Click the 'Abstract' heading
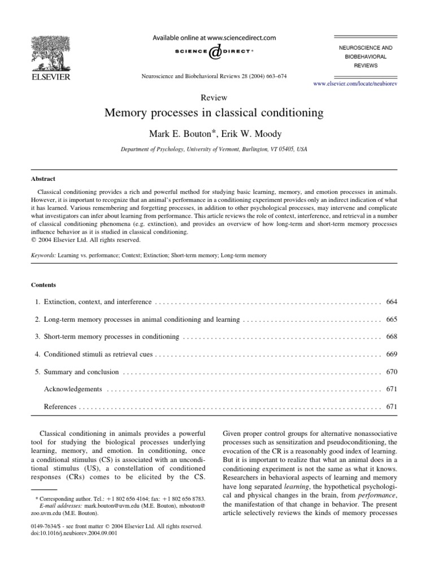(43, 178)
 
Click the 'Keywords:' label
(44, 256)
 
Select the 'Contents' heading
(44, 285)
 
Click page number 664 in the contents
(392, 303)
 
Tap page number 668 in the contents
(392, 337)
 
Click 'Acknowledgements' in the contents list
(73, 390)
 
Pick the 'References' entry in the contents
(60, 407)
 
